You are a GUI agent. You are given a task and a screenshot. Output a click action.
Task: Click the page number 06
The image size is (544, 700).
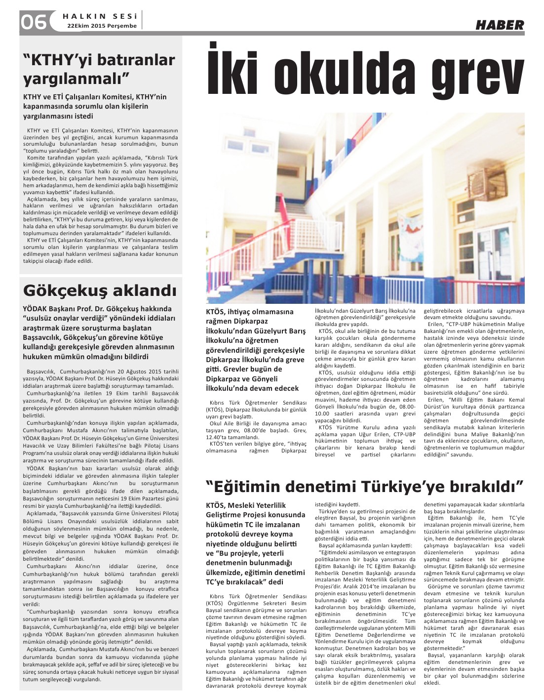(34, 21)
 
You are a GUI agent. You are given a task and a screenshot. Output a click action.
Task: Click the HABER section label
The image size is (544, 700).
(500, 25)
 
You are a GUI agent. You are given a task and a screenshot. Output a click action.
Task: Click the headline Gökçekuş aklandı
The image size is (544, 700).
(100, 290)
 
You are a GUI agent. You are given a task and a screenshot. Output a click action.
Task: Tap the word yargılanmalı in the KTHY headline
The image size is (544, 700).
(77, 78)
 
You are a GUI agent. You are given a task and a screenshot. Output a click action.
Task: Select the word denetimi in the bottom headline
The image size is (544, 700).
(326, 486)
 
